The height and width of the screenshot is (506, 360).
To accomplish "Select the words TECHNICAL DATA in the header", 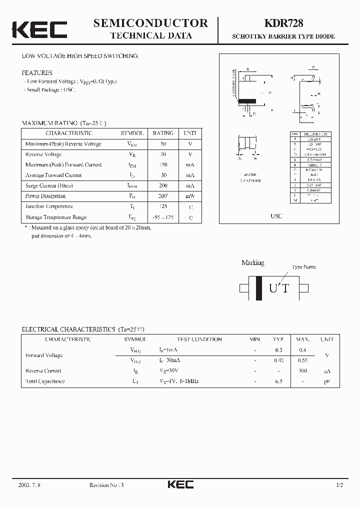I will pyautogui.click(x=150, y=35).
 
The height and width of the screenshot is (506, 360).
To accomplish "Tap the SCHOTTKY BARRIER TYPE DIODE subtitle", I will pyautogui.click(x=283, y=37).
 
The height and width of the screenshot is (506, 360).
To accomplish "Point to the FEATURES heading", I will pyautogui.click(x=37, y=72).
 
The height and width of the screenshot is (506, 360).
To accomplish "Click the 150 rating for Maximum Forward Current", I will pyautogui.click(x=163, y=164).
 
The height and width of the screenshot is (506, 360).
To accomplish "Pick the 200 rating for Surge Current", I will pyautogui.click(x=163, y=185).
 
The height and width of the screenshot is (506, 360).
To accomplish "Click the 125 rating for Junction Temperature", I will pyautogui.click(x=163, y=206).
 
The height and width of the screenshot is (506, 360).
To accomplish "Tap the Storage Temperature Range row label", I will pyautogui.click(x=56, y=217).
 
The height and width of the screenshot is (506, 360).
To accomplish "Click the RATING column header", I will pyautogui.click(x=163, y=133).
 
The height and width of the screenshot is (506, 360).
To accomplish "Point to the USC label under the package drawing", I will pyautogui.click(x=276, y=216).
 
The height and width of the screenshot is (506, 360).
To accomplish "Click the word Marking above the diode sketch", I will pyautogui.click(x=253, y=262).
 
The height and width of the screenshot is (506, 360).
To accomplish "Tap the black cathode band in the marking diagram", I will pyautogui.click(x=259, y=288).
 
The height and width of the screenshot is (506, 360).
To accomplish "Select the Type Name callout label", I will pyautogui.click(x=304, y=267).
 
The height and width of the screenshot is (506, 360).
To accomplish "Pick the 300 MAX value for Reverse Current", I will pyautogui.click(x=303, y=370).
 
